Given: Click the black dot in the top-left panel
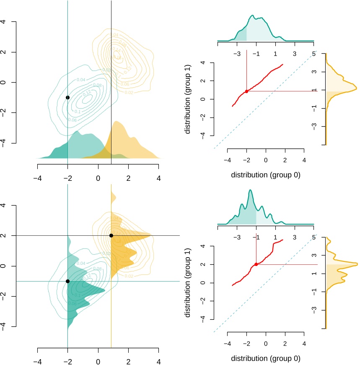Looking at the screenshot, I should point(67,97).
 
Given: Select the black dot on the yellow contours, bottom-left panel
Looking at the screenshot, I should point(111,235).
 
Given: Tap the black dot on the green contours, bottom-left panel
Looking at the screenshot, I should point(67,281).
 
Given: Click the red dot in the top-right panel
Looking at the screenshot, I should point(246,91).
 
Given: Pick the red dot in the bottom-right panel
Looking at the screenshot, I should point(256,264).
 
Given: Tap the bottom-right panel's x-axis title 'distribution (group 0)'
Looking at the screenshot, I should point(266,359).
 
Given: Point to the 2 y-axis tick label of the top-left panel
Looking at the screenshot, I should point(5,52).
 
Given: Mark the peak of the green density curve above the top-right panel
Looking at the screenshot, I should point(253,16).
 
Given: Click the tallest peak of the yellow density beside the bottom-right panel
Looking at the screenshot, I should point(357,264).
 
